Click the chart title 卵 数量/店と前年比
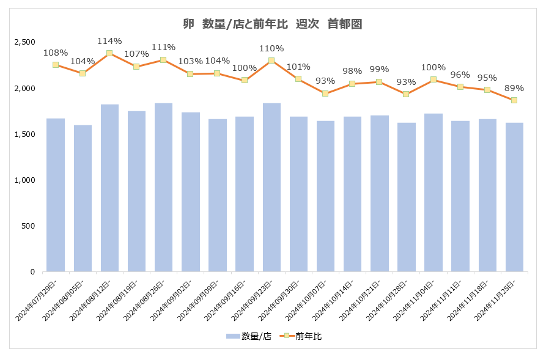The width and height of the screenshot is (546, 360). [x=273, y=24]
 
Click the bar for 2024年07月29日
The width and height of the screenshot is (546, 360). [x=56, y=195]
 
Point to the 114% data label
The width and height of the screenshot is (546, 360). [x=109, y=41]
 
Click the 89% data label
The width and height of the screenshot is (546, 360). [x=514, y=88]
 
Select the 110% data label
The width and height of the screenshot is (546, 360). [x=271, y=48]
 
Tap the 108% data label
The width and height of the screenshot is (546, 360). [x=56, y=53]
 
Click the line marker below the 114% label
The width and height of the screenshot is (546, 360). [x=109, y=53]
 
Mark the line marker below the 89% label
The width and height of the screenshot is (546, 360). [x=514, y=100]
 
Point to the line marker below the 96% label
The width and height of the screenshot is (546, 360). [x=460, y=87]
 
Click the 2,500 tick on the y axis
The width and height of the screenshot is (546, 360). [x=25, y=42]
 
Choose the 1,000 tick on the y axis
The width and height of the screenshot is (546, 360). [x=25, y=180]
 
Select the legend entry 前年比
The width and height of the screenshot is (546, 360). [x=302, y=336]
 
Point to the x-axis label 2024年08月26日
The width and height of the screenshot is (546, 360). [x=150, y=301]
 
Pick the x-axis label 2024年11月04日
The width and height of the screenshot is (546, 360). [x=419, y=301]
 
